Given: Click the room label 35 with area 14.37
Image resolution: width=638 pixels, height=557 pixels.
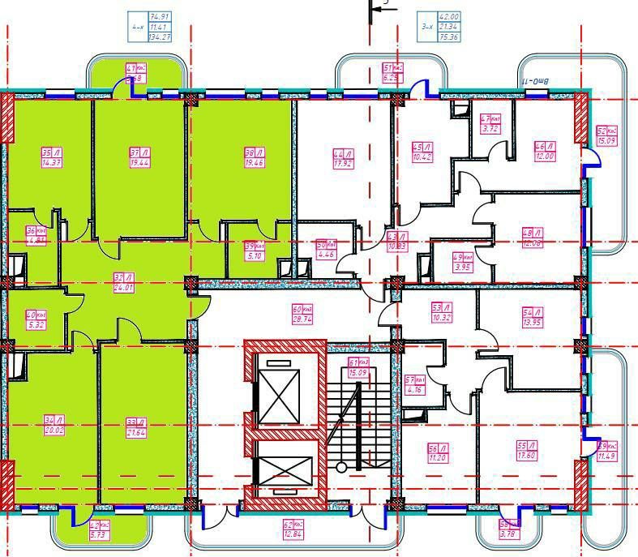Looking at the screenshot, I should [x=51, y=157].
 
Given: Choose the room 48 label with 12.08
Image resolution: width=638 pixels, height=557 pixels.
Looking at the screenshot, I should [x=532, y=238].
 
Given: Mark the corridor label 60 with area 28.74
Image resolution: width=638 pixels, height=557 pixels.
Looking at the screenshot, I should [x=302, y=315].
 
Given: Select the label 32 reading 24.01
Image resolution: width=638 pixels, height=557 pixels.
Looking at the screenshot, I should [x=123, y=281].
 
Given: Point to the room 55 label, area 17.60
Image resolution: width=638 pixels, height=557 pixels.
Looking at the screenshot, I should [x=528, y=450].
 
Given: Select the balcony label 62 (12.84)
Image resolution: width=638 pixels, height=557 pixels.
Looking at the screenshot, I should [x=293, y=529].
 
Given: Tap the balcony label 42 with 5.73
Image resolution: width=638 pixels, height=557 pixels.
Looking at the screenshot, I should [x=99, y=530].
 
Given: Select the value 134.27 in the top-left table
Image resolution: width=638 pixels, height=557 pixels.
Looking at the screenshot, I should [x=160, y=37].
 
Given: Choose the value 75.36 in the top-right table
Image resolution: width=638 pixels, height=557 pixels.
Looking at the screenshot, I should [x=448, y=37].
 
